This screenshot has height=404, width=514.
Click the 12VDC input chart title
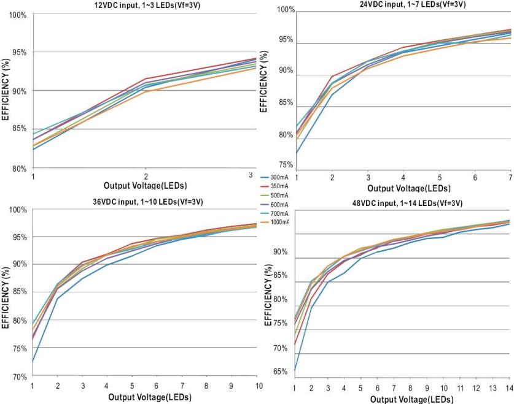tap(146, 5)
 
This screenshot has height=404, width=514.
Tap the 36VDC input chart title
tap(145, 202)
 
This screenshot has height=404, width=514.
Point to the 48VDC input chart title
tap(403, 203)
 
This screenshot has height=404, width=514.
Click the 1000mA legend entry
tap(279, 222)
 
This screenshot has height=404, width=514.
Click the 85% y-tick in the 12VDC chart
tap(19, 129)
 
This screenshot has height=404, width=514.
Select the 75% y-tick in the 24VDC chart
tap(286, 165)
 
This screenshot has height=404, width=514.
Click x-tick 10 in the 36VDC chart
tap(259, 385)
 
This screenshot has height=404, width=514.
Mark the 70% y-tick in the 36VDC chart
tap(19, 376)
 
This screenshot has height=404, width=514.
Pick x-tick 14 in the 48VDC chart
tap(508, 388)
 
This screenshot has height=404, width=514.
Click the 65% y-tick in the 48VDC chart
tap(281, 372)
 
